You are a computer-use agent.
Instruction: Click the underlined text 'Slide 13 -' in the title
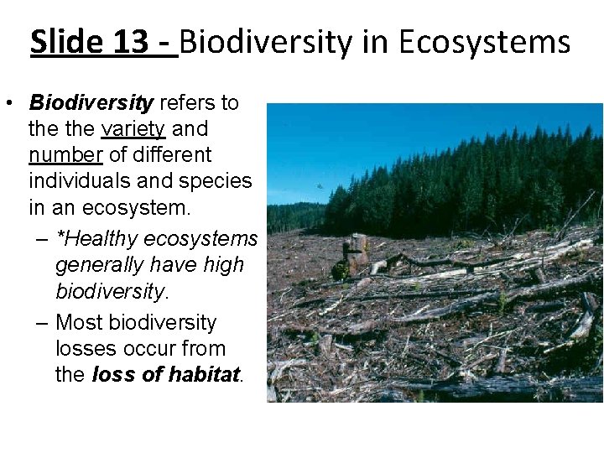tap(103, 41)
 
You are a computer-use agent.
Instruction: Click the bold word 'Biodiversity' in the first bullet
tap(91, 103)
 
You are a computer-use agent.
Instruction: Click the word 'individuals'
tap(75, 181)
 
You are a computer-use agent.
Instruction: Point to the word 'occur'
tap(148, 349)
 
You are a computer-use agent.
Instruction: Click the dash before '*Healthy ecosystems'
tap(42, 240)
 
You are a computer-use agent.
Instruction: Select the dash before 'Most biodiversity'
tap(42, 324)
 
